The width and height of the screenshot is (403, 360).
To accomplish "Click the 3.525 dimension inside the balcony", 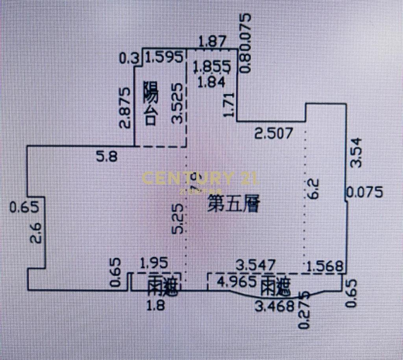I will tap(177, 103).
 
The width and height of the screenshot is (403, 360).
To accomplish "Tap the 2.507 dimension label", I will tap(274, 133).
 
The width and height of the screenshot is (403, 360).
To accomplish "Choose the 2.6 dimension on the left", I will tap(35, 232).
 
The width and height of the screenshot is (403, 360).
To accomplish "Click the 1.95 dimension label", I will tap(155, 262).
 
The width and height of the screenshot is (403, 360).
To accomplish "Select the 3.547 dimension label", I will tap(256, 264).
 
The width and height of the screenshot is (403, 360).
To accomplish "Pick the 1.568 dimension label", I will tap(325, 266).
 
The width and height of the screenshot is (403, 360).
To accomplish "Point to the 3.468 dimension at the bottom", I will tap(274, 305).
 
